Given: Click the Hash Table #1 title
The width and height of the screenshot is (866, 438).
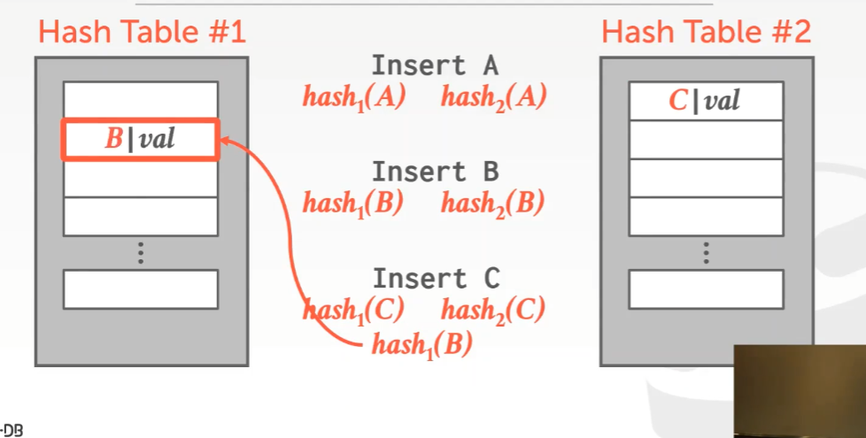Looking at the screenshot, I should pyautogui.click(x=142, y=33).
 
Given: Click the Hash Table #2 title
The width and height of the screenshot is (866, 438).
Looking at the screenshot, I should pyautogui.click(x=706, y=33).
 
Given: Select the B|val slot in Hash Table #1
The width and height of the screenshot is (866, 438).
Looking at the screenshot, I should pyautogui.click(x=140, y=140).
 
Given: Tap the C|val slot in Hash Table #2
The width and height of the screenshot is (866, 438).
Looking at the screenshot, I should pyautogui.click(x=706, y=101).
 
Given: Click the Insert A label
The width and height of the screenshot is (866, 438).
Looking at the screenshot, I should pyautogui.click(x=434, y=65).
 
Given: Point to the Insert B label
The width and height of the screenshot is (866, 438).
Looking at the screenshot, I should pyautogui.click(x=434, y=171).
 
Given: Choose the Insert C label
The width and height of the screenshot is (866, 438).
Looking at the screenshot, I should pyautogui.click(x=436, y=278).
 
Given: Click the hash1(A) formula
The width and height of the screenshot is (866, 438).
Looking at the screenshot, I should pyautogui.click(x=353, y=96).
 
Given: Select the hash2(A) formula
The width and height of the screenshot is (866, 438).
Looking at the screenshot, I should pyautogui.click(x=493, y=96).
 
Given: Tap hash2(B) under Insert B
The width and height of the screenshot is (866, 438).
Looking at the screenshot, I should pyautogui.click(x=492, y=204).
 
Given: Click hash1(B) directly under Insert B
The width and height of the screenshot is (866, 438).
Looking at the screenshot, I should pyautogui.click(x=353, y=204).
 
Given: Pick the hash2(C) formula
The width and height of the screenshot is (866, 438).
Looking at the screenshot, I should pyautogui.click(x=492, y=310).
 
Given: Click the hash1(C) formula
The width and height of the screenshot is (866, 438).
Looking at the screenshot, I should pyautogui.click(x=353, y=310).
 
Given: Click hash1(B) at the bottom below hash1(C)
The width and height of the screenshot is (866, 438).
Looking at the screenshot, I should pyautogui.click(x=421, y=344).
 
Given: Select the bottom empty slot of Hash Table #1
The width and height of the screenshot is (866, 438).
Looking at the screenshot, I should pyautogui.click(x=140, y=288).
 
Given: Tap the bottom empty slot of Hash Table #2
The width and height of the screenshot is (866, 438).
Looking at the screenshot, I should pyautogui.click(x=706, y=288).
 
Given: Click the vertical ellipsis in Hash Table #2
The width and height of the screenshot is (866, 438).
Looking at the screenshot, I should pyautogui.click(x=706, y=252).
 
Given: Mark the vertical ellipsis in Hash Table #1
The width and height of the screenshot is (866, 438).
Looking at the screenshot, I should pyautogui.click(x=140, y=252).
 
